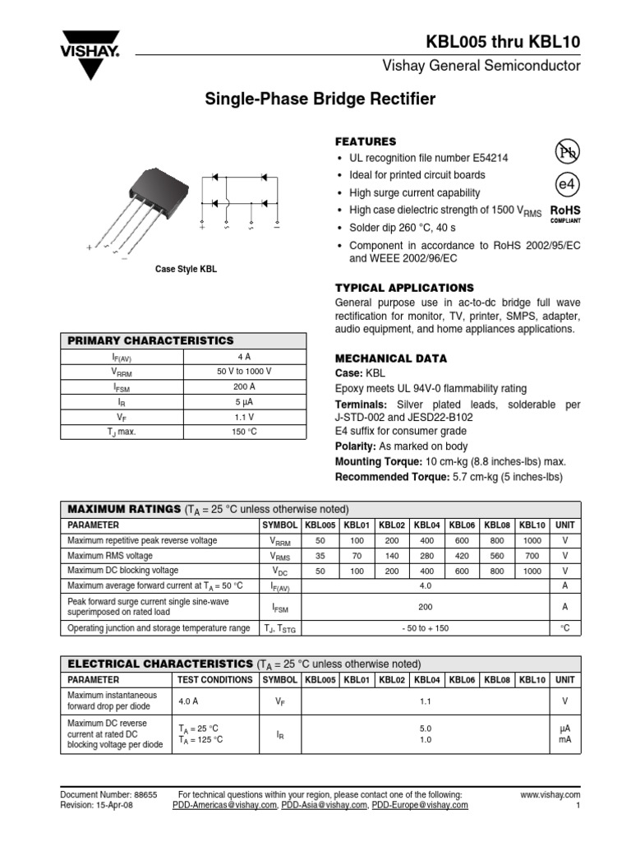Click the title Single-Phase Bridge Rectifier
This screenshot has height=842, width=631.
(320, 99)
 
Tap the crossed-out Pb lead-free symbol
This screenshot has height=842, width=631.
(567, 151)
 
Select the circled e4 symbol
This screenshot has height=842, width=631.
(567, 183)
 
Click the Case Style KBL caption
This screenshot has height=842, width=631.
(187, 270)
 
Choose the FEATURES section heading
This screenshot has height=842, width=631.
(366, 141)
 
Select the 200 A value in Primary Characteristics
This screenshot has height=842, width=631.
(244, 386)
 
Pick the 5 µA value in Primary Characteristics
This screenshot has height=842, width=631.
(244, 402)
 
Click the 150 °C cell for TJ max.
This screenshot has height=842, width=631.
(244, 432)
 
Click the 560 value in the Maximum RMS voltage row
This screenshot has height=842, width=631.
(497, 556)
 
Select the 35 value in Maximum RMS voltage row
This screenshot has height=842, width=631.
(320, 556)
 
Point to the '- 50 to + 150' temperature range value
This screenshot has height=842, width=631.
(425, 628)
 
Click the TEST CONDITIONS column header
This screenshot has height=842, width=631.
(215, 680)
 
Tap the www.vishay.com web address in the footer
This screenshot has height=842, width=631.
(550, 795)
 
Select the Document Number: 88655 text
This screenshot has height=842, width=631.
(109, 795)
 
